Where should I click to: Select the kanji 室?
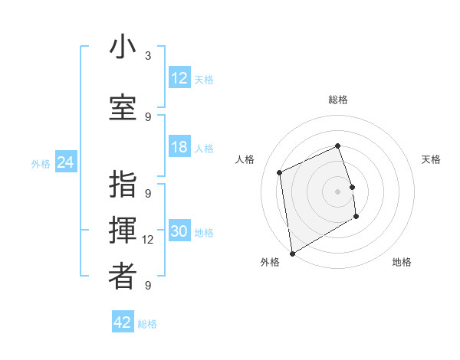tap(123, 107)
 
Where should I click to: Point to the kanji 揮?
tap(123, 231)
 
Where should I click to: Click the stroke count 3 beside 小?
tap(148, 56)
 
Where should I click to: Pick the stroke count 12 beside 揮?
tap(149, 240)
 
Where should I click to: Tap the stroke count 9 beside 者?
tap(148, 285)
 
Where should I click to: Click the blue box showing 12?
tap(179, 78)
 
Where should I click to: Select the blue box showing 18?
tap(179, 147)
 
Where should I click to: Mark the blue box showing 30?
tap(179, 232)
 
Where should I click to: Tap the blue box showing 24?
tap(66, 162)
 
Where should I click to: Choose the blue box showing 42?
tap(123, 322)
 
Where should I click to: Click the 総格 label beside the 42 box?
tap(147, 324)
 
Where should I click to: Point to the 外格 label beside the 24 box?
tap(41, 164)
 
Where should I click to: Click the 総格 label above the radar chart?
tap(338, 100)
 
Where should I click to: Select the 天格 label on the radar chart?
tap(432, 159)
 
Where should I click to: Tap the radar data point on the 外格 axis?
tap(291, 253)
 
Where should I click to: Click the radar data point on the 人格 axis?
tap(280, 172)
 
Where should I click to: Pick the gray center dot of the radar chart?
tap(338, 191)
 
